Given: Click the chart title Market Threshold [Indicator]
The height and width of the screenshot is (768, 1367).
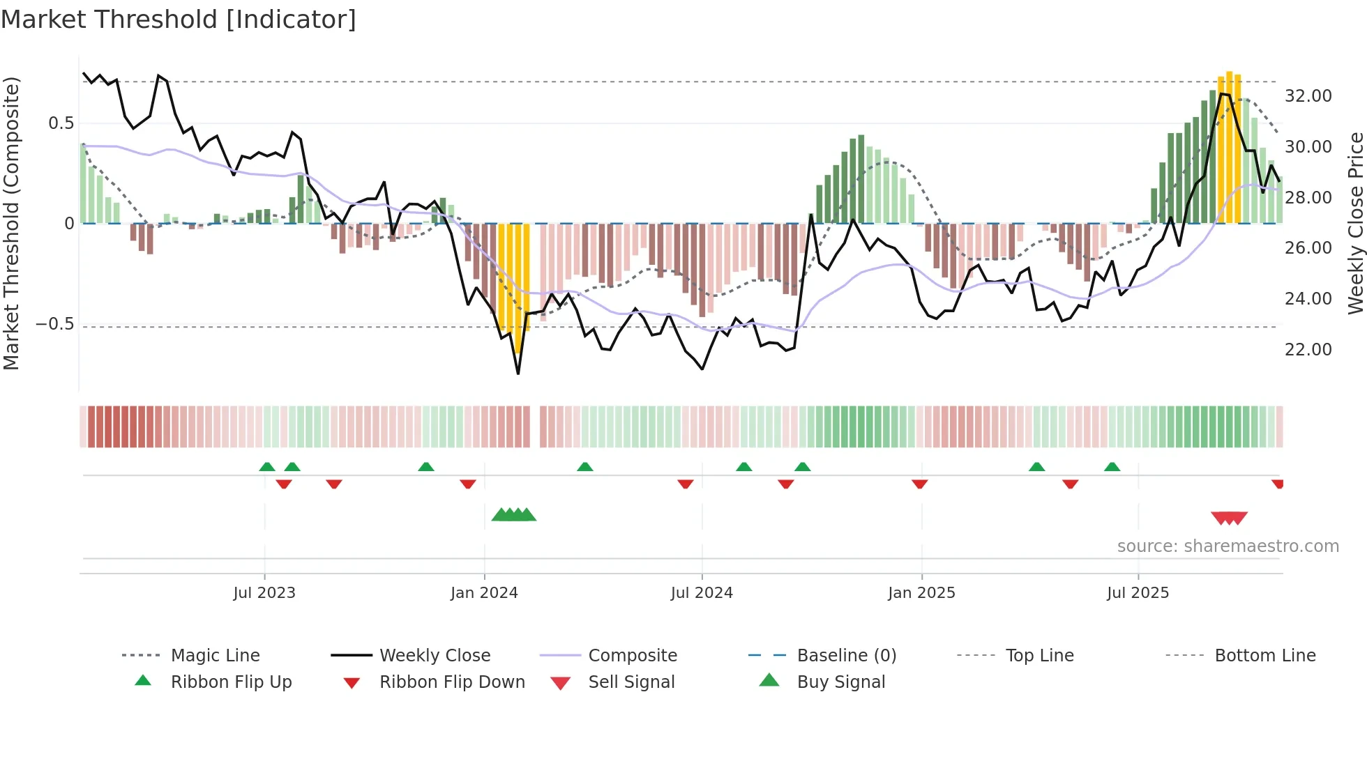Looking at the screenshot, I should (179, 20).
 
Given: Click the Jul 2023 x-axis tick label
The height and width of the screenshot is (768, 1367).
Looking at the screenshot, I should (264, 593).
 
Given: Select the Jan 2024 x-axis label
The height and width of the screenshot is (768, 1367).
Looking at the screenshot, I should (484, 593).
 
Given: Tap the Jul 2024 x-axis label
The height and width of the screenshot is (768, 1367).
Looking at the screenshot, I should (702, 593).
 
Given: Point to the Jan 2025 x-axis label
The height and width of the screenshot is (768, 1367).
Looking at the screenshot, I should (921, 593).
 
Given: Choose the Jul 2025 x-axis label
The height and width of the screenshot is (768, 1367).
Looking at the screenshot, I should (1138, 593).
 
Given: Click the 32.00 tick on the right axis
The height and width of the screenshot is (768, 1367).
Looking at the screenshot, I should (1308, 96).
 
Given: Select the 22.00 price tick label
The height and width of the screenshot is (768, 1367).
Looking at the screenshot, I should (1308, 350).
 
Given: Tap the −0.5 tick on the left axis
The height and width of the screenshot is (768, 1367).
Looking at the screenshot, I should (54, 325).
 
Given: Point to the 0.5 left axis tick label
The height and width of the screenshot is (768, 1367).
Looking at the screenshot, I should (61, 123).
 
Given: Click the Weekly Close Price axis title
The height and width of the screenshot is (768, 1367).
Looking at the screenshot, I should (1355, 223).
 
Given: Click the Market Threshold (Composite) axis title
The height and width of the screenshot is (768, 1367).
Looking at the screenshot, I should (11, 223).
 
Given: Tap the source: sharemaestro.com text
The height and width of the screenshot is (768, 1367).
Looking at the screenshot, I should (1228, 546).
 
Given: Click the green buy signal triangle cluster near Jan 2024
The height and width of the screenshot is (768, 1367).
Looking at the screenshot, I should (514, 515).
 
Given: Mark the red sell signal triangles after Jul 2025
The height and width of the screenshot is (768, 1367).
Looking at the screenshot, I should (1229, 518).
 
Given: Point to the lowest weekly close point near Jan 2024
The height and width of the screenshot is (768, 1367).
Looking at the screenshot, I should (518, 374).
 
